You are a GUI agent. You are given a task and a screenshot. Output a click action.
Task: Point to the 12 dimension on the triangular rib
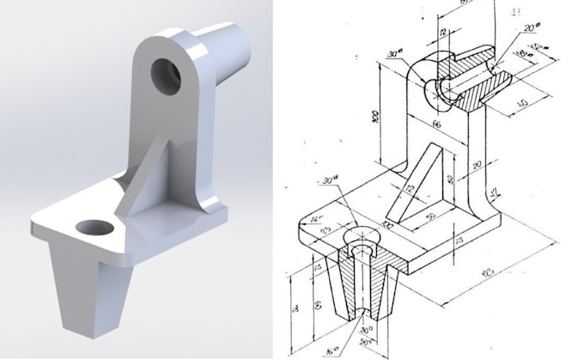tap(410, 187)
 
